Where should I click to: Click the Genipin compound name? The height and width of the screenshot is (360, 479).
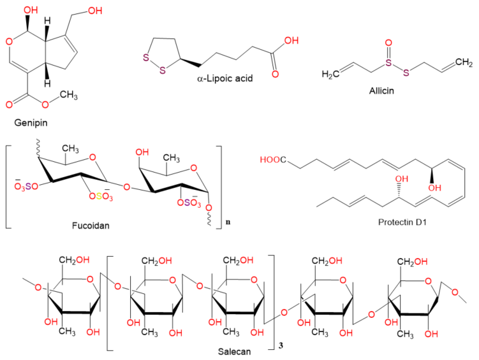coord(31,123)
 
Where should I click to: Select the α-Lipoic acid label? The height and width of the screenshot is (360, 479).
coord(225,78)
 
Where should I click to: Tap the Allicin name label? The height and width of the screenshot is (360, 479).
coord(381,90)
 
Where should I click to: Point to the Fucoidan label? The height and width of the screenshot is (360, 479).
coord(91,226)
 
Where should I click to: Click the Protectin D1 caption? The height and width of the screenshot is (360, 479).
coord(402,222)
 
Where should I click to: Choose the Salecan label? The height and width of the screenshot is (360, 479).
coord(234,352)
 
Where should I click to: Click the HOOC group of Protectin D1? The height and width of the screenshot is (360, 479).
coord(273,159)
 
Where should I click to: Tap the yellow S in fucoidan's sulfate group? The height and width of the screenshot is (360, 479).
coord(99,196)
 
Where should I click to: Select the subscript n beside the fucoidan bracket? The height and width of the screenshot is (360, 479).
coord(228,222)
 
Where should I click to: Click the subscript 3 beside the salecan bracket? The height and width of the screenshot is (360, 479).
coord(281,345)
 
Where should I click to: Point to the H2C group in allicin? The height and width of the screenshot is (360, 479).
coord(330,74)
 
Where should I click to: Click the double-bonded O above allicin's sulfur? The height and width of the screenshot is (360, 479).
coord(388,43)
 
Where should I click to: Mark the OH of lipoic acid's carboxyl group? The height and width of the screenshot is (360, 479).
coord(291,41)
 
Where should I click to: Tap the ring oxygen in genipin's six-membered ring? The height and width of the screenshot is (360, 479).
coord(9,41)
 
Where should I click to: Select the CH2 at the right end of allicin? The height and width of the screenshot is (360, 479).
coord(464,62)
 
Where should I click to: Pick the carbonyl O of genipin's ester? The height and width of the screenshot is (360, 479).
coord(9,104)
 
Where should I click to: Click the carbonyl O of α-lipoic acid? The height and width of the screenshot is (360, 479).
coord(276,74)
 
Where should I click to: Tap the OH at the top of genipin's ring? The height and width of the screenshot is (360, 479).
coord(31,10)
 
